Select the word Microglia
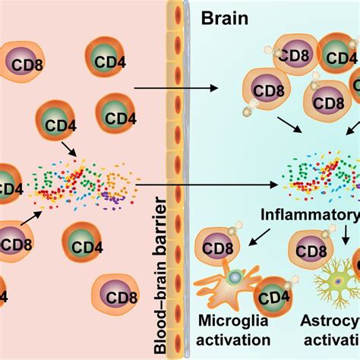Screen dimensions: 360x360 click(x=226, y=323)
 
